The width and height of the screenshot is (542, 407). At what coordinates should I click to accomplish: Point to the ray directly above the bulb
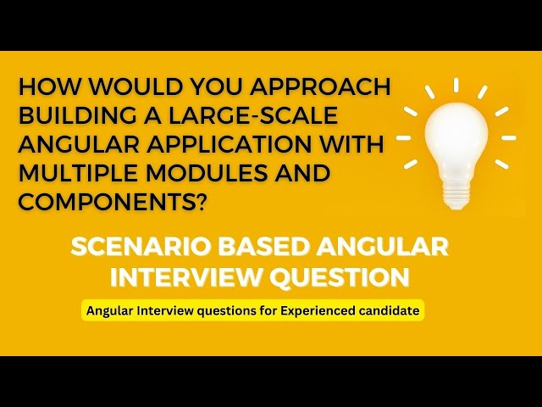(x=456, y=85)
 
